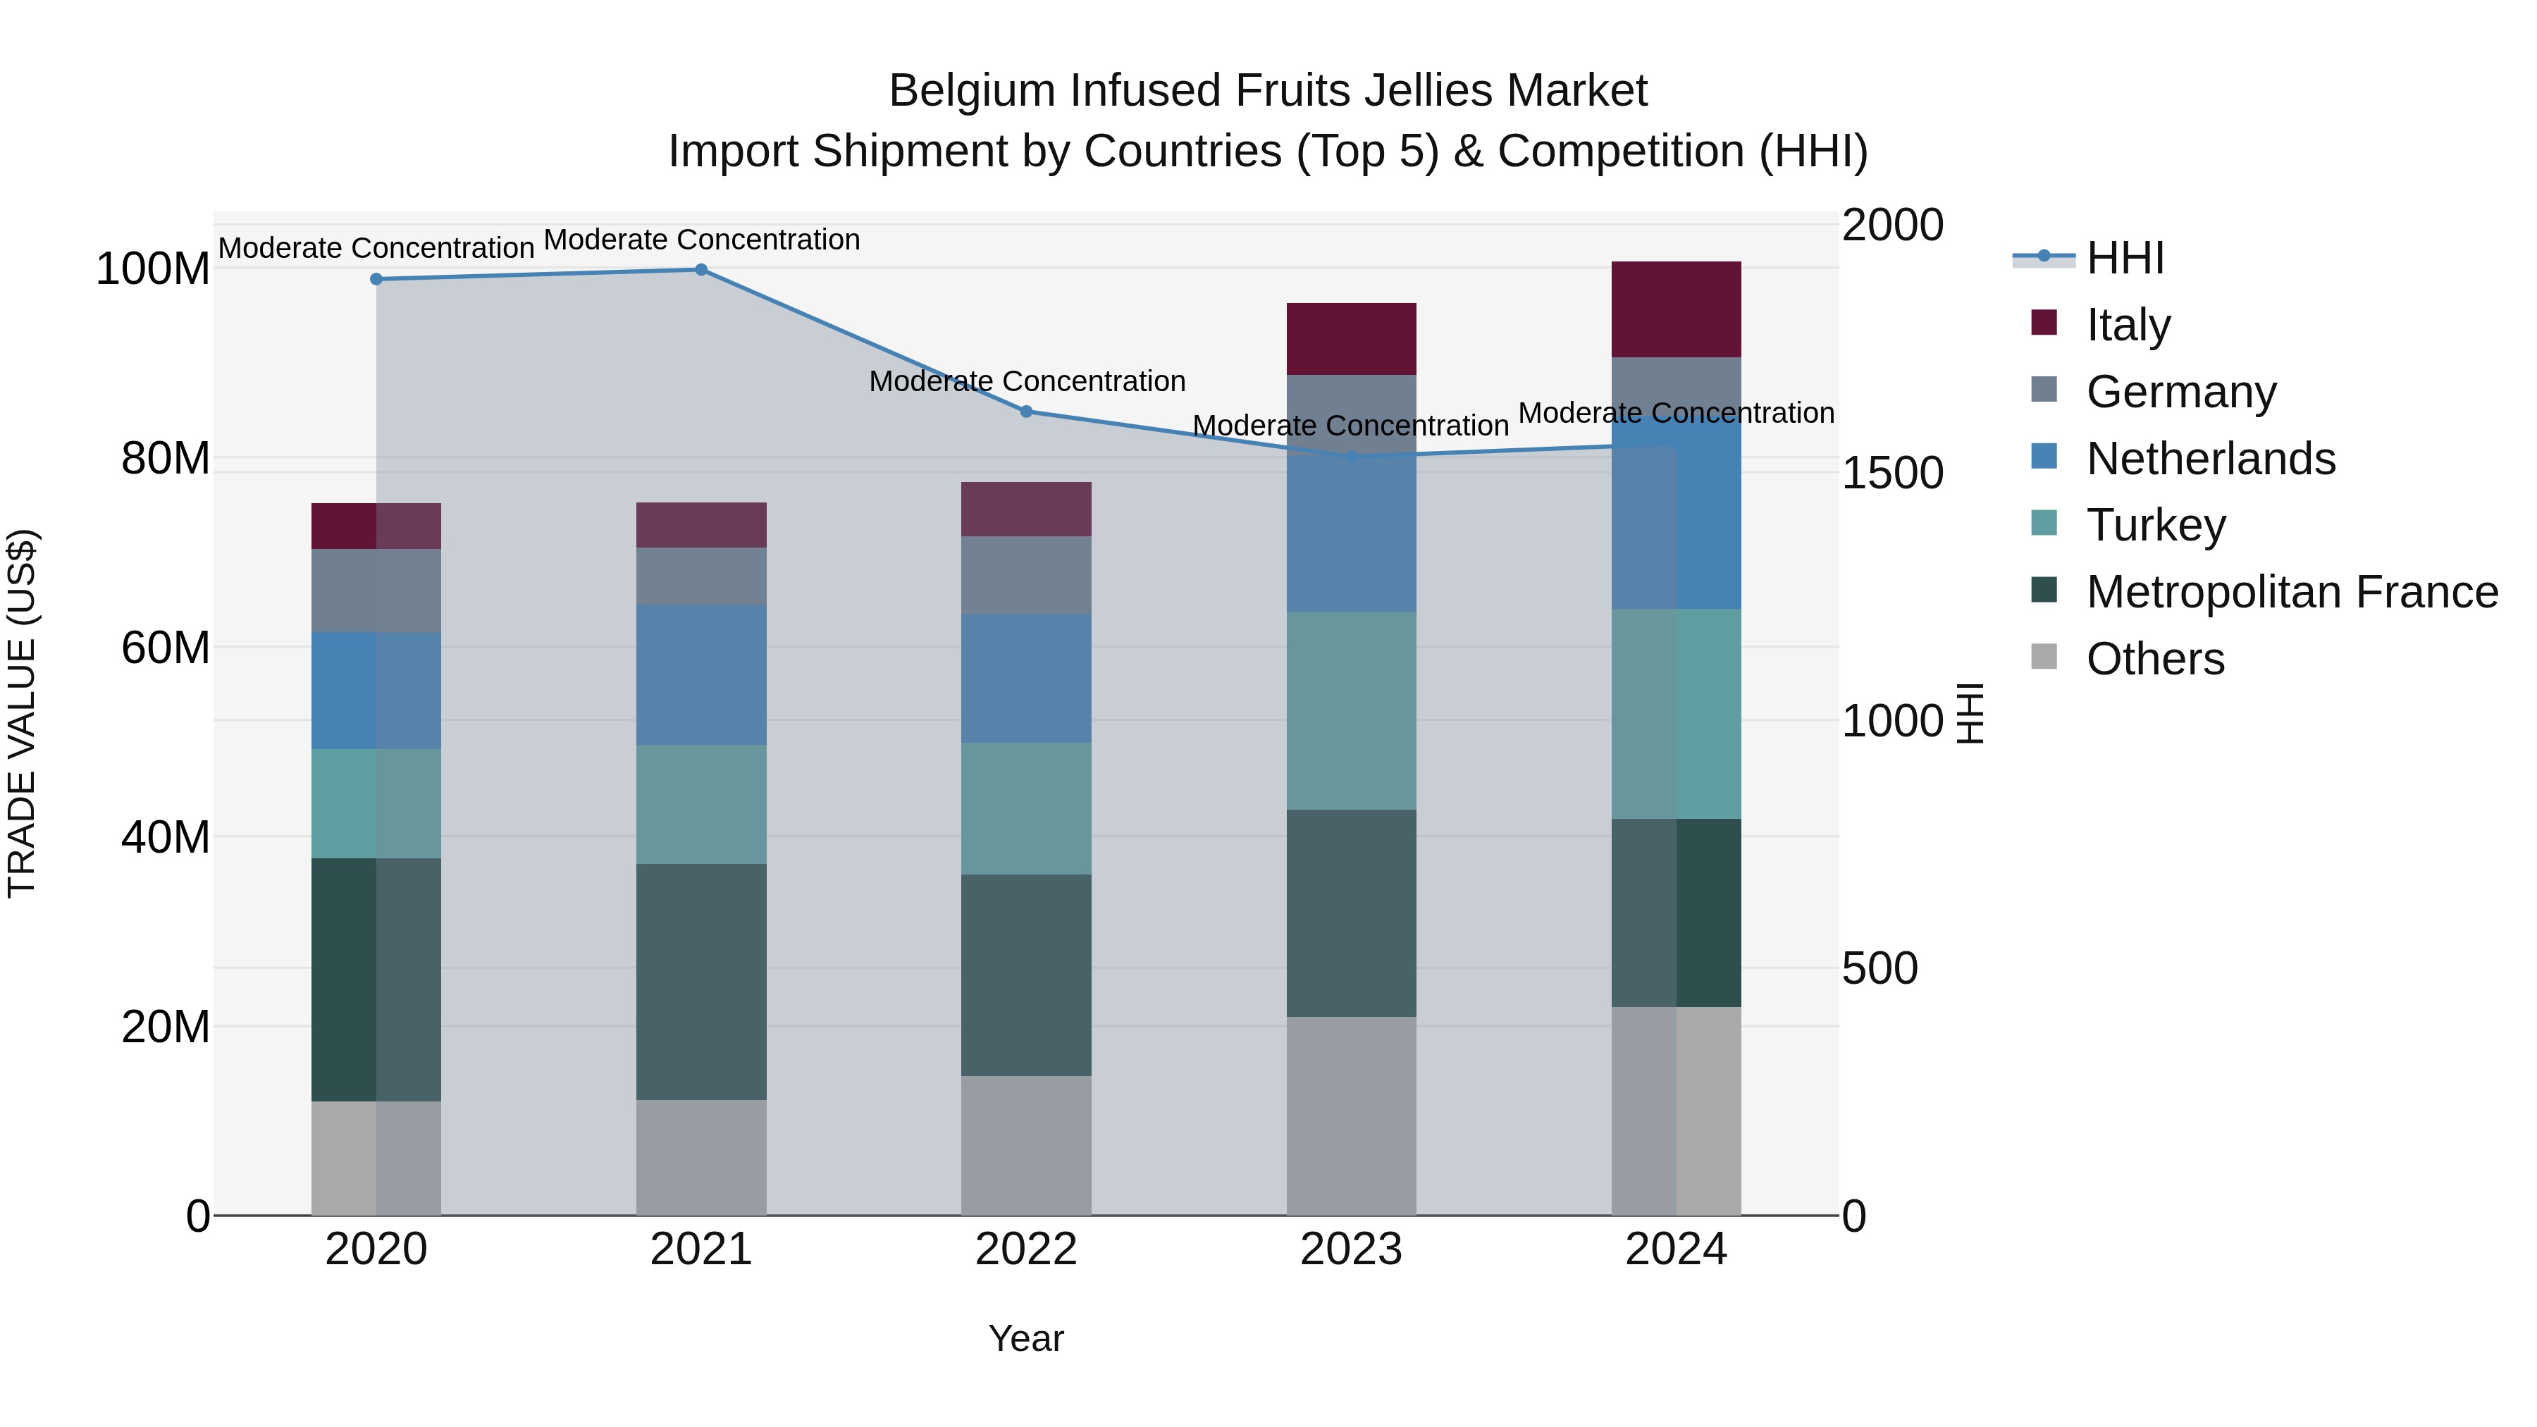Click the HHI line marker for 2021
(701, 270)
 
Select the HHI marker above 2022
(1026, 412)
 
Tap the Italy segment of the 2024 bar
(1677, 309)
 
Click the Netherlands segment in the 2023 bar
(1351, 493)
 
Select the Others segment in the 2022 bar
(1026, 1144)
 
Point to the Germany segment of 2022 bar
(1026, 575)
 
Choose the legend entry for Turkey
(2156, 525)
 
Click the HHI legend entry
(2124, 258)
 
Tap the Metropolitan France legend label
(2292, 592)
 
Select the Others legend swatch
(2044, 657)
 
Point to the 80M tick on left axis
(166, 459)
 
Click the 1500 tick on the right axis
(1891, 473)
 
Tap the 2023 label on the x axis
(1351, 1249)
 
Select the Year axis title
(1026, 1338)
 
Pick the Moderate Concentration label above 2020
(376, 248)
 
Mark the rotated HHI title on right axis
(1969, 713)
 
